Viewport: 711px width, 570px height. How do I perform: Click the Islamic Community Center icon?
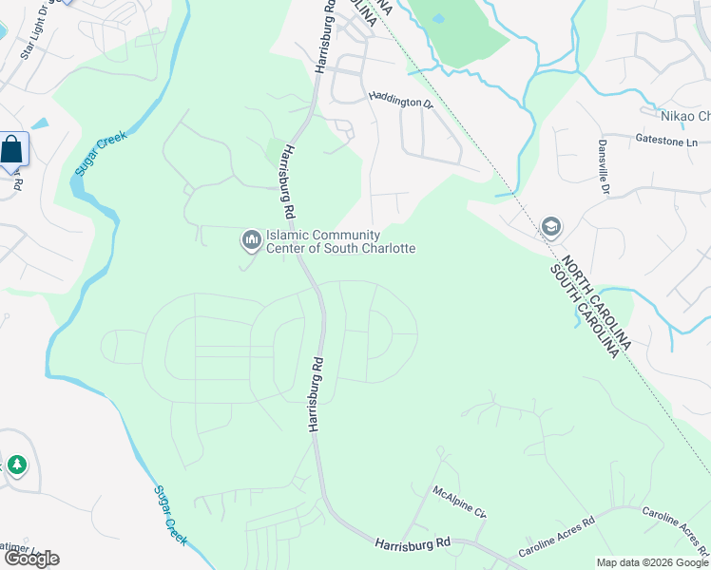pos(251,241)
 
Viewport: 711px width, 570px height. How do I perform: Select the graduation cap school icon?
pos(550,227)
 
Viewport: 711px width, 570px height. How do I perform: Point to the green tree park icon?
pos(16,465)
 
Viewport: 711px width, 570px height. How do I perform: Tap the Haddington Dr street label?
pos(399,102)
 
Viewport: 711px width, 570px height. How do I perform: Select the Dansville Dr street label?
pos(603,165)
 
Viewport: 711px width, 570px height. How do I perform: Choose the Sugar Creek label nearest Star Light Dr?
pos(98,150)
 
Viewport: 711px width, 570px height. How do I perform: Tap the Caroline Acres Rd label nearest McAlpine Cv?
pos(556,537)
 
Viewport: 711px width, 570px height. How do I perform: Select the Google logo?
pos(30,558)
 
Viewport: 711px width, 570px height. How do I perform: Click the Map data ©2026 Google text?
pos(652,562)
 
